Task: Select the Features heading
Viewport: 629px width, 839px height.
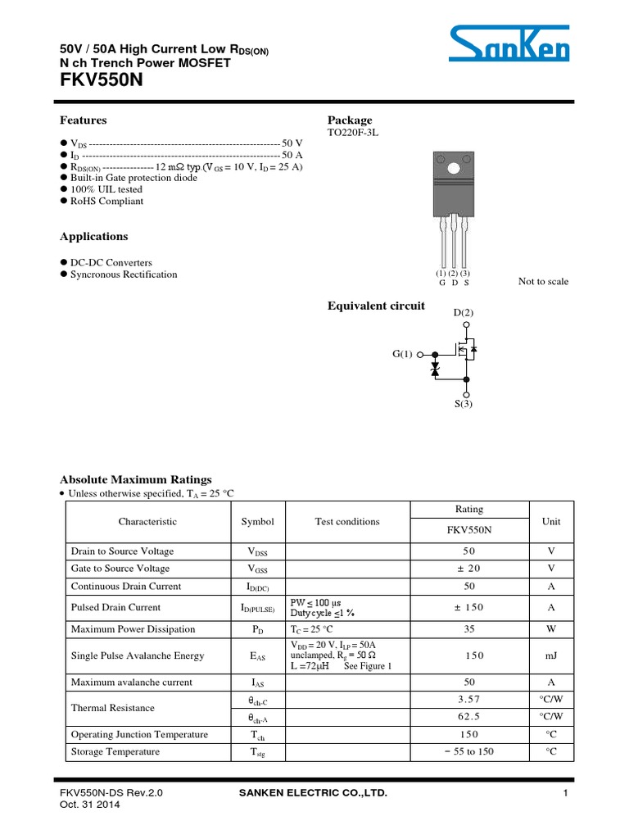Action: tap(83, 120)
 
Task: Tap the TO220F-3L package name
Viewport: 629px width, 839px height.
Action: tap(353, 133)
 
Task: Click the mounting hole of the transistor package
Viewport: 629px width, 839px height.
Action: tap(452, 169)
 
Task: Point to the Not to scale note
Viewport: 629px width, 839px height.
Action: tap(543, 281)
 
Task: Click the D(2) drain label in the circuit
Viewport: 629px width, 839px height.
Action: tap(464, 312)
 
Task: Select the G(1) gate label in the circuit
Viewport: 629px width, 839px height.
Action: tap(403, 355)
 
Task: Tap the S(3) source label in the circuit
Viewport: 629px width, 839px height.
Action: tap(464, 404)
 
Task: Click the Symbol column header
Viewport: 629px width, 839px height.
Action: tap(258, 521)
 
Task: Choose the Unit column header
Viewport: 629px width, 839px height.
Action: tap(551, 521)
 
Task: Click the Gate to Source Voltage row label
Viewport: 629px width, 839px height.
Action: tap(120, 569)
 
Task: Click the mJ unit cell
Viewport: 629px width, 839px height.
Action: tap(551, 655)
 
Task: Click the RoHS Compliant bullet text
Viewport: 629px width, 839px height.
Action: tap(106, 201)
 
